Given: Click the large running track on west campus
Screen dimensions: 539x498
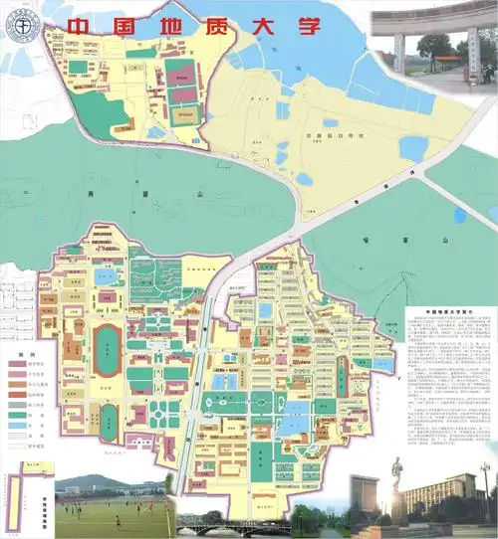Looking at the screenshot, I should [x=107, y=351].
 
